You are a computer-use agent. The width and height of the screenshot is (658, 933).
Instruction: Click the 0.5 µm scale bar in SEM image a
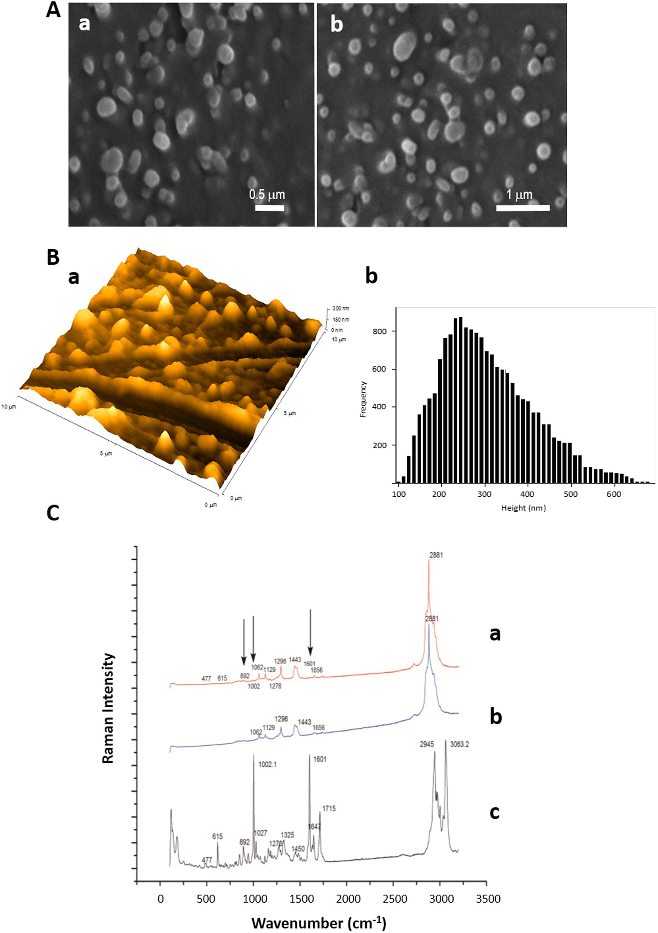[269, 208]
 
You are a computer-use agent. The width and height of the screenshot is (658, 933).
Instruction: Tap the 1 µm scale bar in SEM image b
[522, 208]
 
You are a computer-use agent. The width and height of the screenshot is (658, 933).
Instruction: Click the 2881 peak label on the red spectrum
[436, 555]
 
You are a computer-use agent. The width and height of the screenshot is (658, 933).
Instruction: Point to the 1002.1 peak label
[267, 764]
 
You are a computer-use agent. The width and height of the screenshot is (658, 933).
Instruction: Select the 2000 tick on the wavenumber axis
[348, 899]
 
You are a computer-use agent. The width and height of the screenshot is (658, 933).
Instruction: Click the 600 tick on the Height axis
[613, 494]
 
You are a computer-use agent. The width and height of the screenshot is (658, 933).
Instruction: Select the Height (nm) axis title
[523, 508]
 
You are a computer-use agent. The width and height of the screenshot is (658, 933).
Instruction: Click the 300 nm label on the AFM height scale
[340, 309]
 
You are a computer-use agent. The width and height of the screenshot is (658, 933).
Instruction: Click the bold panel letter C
[53, 513]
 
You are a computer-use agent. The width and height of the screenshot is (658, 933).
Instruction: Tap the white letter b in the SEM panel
[336, 24]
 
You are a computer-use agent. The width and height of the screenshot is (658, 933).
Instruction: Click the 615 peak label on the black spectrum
[218, 836]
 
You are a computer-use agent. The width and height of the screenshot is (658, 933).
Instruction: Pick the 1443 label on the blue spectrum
[304, 722]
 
